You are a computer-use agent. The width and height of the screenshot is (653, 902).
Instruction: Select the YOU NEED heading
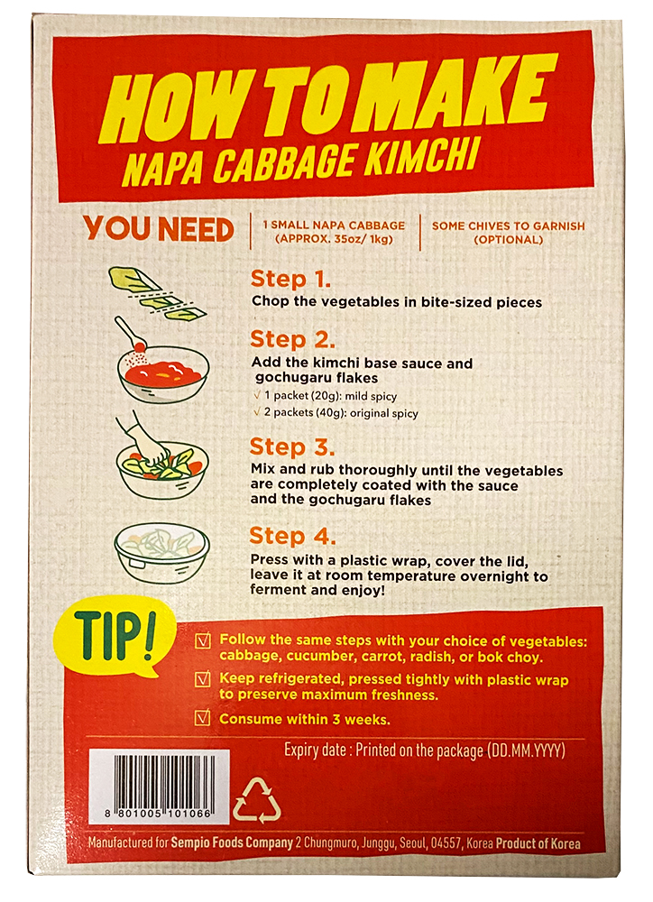click(x=158, y=228)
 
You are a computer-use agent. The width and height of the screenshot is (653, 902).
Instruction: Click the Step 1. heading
click(x=290, y=279)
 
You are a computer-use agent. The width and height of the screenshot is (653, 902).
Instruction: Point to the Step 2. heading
click(x=292, y=339)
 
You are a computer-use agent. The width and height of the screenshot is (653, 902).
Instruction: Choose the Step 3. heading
click(x=291, y=447)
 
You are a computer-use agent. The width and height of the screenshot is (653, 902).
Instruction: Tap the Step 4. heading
click(x=292, y=536)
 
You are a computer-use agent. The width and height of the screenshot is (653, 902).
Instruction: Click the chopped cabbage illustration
click(x=157, y=291)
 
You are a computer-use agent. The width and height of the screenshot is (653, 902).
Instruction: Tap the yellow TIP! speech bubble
click(x=115, y=637)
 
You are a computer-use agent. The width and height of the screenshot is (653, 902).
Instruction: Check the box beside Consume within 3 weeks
click(x=203, y=718)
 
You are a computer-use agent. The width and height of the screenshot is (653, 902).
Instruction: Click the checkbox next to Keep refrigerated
click(x=203, y=679)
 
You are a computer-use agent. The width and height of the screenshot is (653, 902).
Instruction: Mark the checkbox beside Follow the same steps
click(x=203, y=640)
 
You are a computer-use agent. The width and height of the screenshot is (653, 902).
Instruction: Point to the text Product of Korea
click(x=538, y=843)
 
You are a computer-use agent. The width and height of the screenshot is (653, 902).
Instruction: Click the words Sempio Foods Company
click(x=232, y=842)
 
